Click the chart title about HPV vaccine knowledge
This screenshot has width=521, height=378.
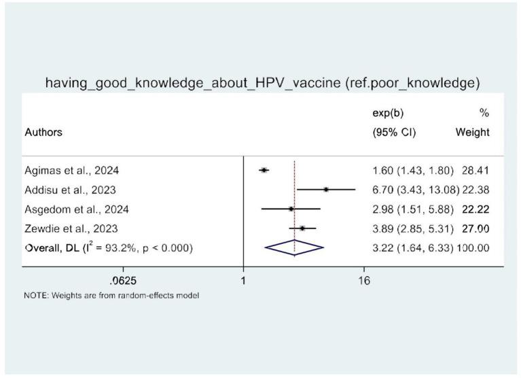262,84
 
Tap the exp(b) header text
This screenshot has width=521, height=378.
378,113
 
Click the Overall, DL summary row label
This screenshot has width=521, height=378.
108,248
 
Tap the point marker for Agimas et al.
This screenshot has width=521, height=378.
264,170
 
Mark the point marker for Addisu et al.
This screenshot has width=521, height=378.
326,190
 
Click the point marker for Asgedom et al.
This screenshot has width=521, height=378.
291,209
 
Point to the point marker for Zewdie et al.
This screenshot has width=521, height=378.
302,228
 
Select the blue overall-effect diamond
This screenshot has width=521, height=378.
294,248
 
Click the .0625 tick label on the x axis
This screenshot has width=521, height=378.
122,280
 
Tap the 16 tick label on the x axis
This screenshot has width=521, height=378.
364,280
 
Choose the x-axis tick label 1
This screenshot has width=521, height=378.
243,280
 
